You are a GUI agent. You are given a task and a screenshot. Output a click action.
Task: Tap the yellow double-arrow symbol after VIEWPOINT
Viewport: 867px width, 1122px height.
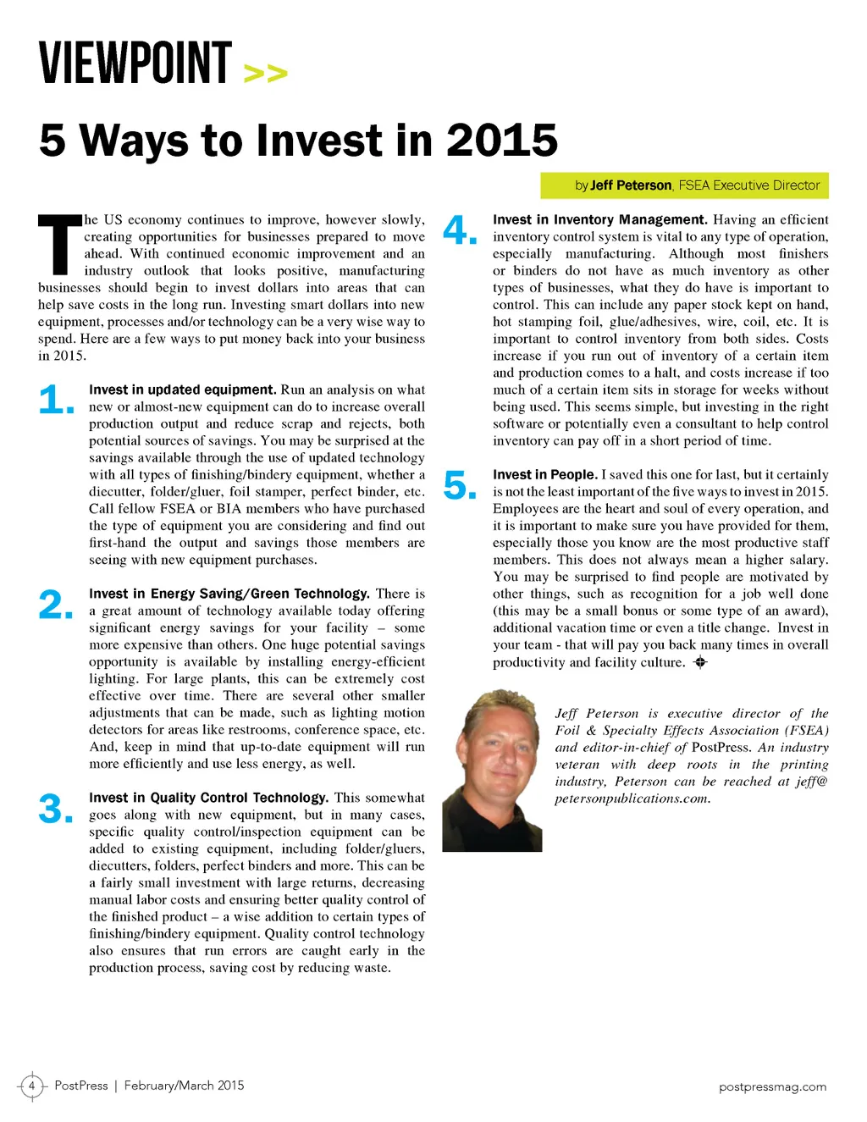tap(265, 74)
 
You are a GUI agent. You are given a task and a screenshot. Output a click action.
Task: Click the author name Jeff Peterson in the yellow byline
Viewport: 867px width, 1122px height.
tap(631, 185)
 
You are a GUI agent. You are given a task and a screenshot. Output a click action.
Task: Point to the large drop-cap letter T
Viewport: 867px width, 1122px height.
tap(59, 246)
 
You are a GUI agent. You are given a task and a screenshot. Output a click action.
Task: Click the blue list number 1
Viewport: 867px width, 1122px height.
tap(56, 400)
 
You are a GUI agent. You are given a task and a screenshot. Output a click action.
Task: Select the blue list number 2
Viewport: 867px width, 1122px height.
tap(56, 605)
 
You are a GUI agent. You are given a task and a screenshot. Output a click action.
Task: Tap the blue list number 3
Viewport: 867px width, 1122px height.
tap(56, 809)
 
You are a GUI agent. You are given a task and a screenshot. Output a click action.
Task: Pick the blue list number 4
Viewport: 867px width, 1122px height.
tap(460, 230)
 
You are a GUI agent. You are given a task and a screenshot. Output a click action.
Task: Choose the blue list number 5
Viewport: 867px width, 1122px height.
tap(460, 486)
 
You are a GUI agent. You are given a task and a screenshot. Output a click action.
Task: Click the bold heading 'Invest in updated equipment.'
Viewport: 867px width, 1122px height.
tap(182, 390)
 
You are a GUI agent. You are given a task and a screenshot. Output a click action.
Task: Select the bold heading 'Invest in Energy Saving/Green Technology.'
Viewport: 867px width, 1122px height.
tap(229, 594)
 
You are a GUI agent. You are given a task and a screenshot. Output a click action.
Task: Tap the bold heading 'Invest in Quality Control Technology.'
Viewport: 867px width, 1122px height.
tap(208, 798)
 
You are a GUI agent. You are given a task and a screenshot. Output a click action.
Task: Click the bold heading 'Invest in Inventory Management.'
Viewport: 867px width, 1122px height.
tap(599, 219)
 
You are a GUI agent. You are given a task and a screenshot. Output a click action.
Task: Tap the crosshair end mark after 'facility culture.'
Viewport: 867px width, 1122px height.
tap(699, 662)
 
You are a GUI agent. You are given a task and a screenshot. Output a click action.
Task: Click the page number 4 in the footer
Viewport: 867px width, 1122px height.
tap(31, 1086)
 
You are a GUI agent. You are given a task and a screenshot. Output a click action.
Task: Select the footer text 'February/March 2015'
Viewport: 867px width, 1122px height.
tap(184, 1086)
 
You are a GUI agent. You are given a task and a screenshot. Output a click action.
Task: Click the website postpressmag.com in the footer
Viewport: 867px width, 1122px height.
tap(772, 1086)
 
